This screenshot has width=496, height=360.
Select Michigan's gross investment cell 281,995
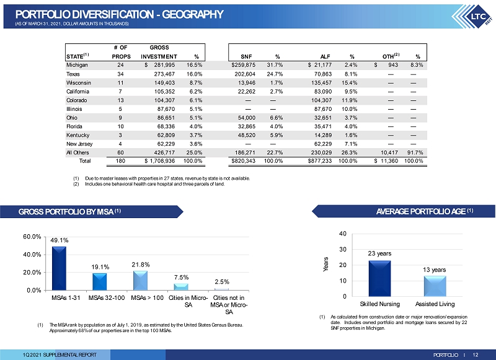point(164,65)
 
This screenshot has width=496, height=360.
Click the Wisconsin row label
point(79,83)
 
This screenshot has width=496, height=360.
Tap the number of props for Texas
point(120,74)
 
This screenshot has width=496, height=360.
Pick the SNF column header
point(246,56)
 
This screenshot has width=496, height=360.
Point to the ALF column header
point(325,56)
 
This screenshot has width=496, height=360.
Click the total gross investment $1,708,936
point(160,161)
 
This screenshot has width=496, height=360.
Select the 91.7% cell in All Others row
point(415,152)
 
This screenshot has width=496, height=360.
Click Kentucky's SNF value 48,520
point(247,135)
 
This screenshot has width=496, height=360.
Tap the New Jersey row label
point(79,144)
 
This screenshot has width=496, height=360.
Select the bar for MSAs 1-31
point(59,268)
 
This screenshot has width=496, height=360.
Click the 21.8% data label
point(141,265)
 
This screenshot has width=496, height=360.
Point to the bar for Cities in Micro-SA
point(181,287)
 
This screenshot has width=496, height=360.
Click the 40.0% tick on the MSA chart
point(32,255)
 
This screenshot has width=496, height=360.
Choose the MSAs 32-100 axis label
point(107,298)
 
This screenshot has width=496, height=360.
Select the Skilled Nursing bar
point(379,278)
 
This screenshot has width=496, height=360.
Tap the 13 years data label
point(435,270)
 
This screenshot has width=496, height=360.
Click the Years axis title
point(325,264)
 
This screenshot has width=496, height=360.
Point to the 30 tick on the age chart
point(343,249)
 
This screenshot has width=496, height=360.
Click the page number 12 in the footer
point(476,355)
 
